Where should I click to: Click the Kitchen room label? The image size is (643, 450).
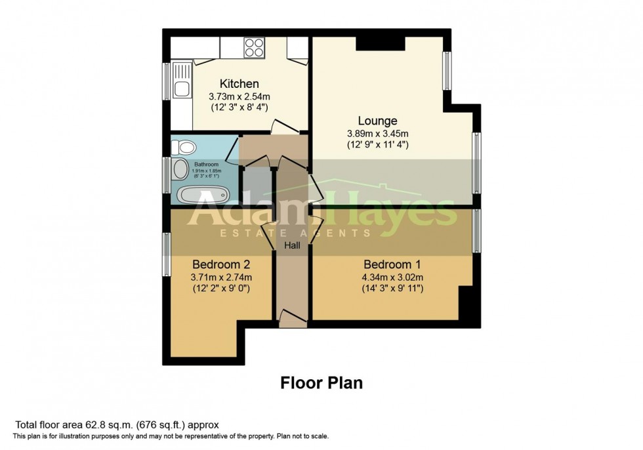(x=239, y=84)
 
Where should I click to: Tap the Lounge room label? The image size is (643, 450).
(x=377, y=121)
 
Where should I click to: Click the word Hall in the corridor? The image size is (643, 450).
(x=292, y=245)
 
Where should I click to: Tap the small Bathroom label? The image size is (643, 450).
(x=206, y=164)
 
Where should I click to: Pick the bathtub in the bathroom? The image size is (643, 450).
(x=203, y=194)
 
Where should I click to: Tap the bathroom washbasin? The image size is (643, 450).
(x=179, y=171)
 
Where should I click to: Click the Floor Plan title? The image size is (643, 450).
(x=321, y=382)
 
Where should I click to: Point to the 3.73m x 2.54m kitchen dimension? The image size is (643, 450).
(x=239, y=96)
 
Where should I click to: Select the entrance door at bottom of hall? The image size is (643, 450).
(x=292, y=319)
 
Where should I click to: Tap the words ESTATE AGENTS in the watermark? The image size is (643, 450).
(x=295, y=233)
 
